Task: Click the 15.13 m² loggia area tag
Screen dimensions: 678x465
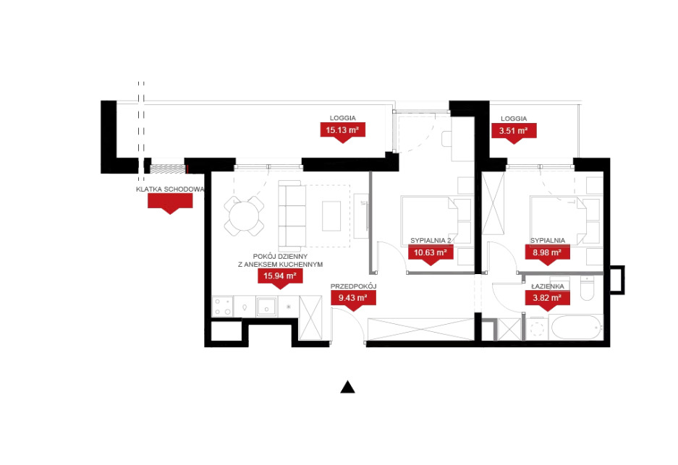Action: [342, 130]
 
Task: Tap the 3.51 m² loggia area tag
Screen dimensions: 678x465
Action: [514, 131]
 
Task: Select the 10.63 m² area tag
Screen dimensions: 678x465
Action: [431, 253]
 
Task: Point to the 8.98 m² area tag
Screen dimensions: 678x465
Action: [548, 253]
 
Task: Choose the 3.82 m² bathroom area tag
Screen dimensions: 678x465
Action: [548, 298]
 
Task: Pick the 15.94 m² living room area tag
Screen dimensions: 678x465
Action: [280, 276]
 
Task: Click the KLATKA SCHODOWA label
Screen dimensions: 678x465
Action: [170, 189]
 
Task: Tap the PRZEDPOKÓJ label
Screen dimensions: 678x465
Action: [353, 286]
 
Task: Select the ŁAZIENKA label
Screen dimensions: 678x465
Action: [548, 286]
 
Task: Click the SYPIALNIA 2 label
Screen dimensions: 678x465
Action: [431, 240]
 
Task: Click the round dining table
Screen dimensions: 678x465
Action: [245, 216]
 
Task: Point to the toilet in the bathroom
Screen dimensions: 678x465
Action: [588, 289]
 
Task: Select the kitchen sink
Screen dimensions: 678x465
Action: [266, 307]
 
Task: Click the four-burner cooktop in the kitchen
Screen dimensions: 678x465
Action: [223, 307]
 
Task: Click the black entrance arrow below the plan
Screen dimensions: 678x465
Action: [347, 387]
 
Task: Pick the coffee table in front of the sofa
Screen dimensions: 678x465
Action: [331, 216]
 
